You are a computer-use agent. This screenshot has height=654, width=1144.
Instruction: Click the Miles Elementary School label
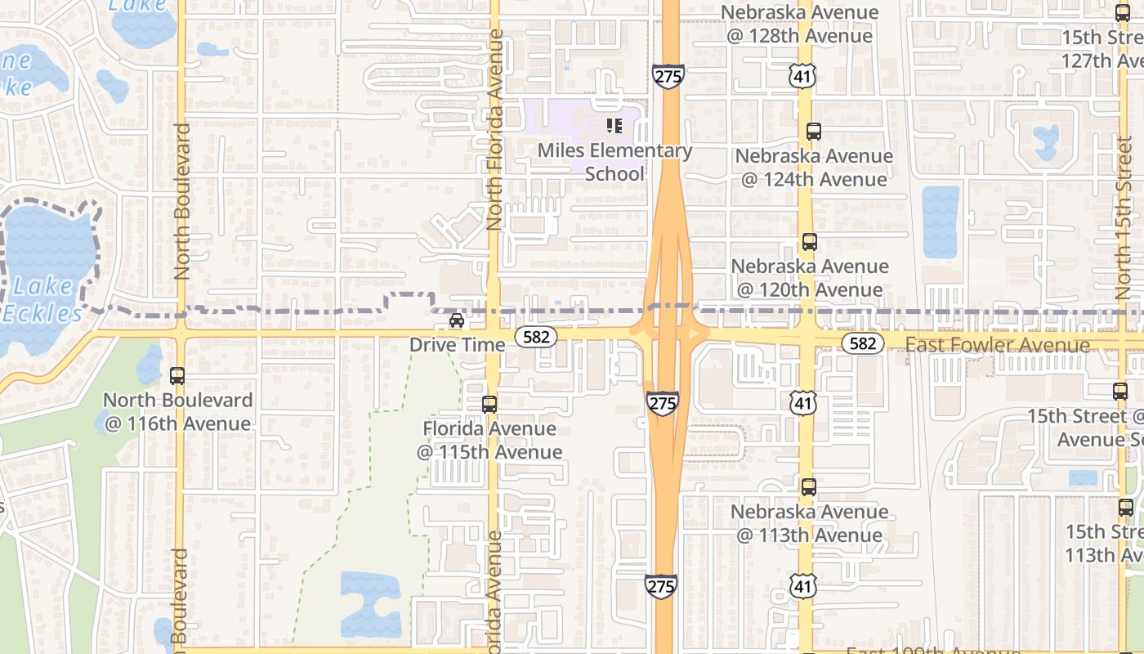614,162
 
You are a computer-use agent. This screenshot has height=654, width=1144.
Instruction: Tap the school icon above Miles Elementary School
614,126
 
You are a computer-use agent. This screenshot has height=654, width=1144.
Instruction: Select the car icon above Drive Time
457,320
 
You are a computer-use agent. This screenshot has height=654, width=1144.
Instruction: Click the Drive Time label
457,345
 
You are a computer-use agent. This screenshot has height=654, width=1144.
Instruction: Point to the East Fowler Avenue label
997,345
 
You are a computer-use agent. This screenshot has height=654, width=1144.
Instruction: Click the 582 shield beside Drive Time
535,336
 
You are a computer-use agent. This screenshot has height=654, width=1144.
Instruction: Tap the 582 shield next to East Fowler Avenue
863,343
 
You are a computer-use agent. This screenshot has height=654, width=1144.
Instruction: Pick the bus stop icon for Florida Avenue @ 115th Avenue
489,404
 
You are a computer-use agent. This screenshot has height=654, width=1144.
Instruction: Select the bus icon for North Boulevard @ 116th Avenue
177,376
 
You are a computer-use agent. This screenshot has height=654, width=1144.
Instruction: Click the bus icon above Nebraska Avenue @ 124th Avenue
813,131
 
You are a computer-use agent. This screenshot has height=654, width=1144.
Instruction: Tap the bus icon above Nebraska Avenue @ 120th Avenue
809,242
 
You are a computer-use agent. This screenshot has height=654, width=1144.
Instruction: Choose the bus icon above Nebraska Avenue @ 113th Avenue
809,487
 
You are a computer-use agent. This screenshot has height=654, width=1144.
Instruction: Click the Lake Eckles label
41,300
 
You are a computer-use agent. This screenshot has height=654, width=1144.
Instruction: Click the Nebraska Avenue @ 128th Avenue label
799,25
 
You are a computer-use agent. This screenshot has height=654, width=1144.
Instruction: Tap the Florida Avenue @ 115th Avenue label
489,440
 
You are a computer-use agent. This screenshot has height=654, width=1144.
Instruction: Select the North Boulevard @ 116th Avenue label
177,411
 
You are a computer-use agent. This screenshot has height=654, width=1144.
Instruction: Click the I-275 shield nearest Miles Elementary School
668,77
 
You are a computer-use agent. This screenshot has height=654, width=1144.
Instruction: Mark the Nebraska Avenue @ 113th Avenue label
809,523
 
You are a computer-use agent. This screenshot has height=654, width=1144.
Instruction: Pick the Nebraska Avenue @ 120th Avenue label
809,278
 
